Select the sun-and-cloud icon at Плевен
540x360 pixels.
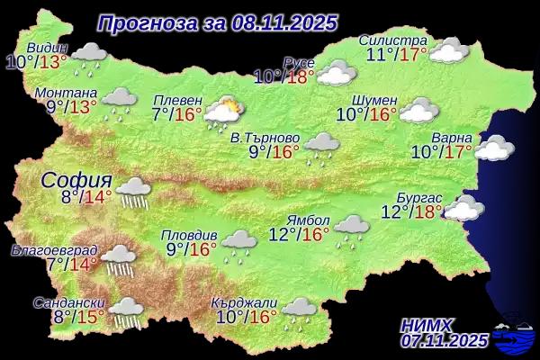222,112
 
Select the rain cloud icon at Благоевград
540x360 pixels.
118,259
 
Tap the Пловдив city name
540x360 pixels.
187,234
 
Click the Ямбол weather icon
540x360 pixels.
351,227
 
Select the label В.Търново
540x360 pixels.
260,138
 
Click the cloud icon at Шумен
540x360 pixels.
417,110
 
